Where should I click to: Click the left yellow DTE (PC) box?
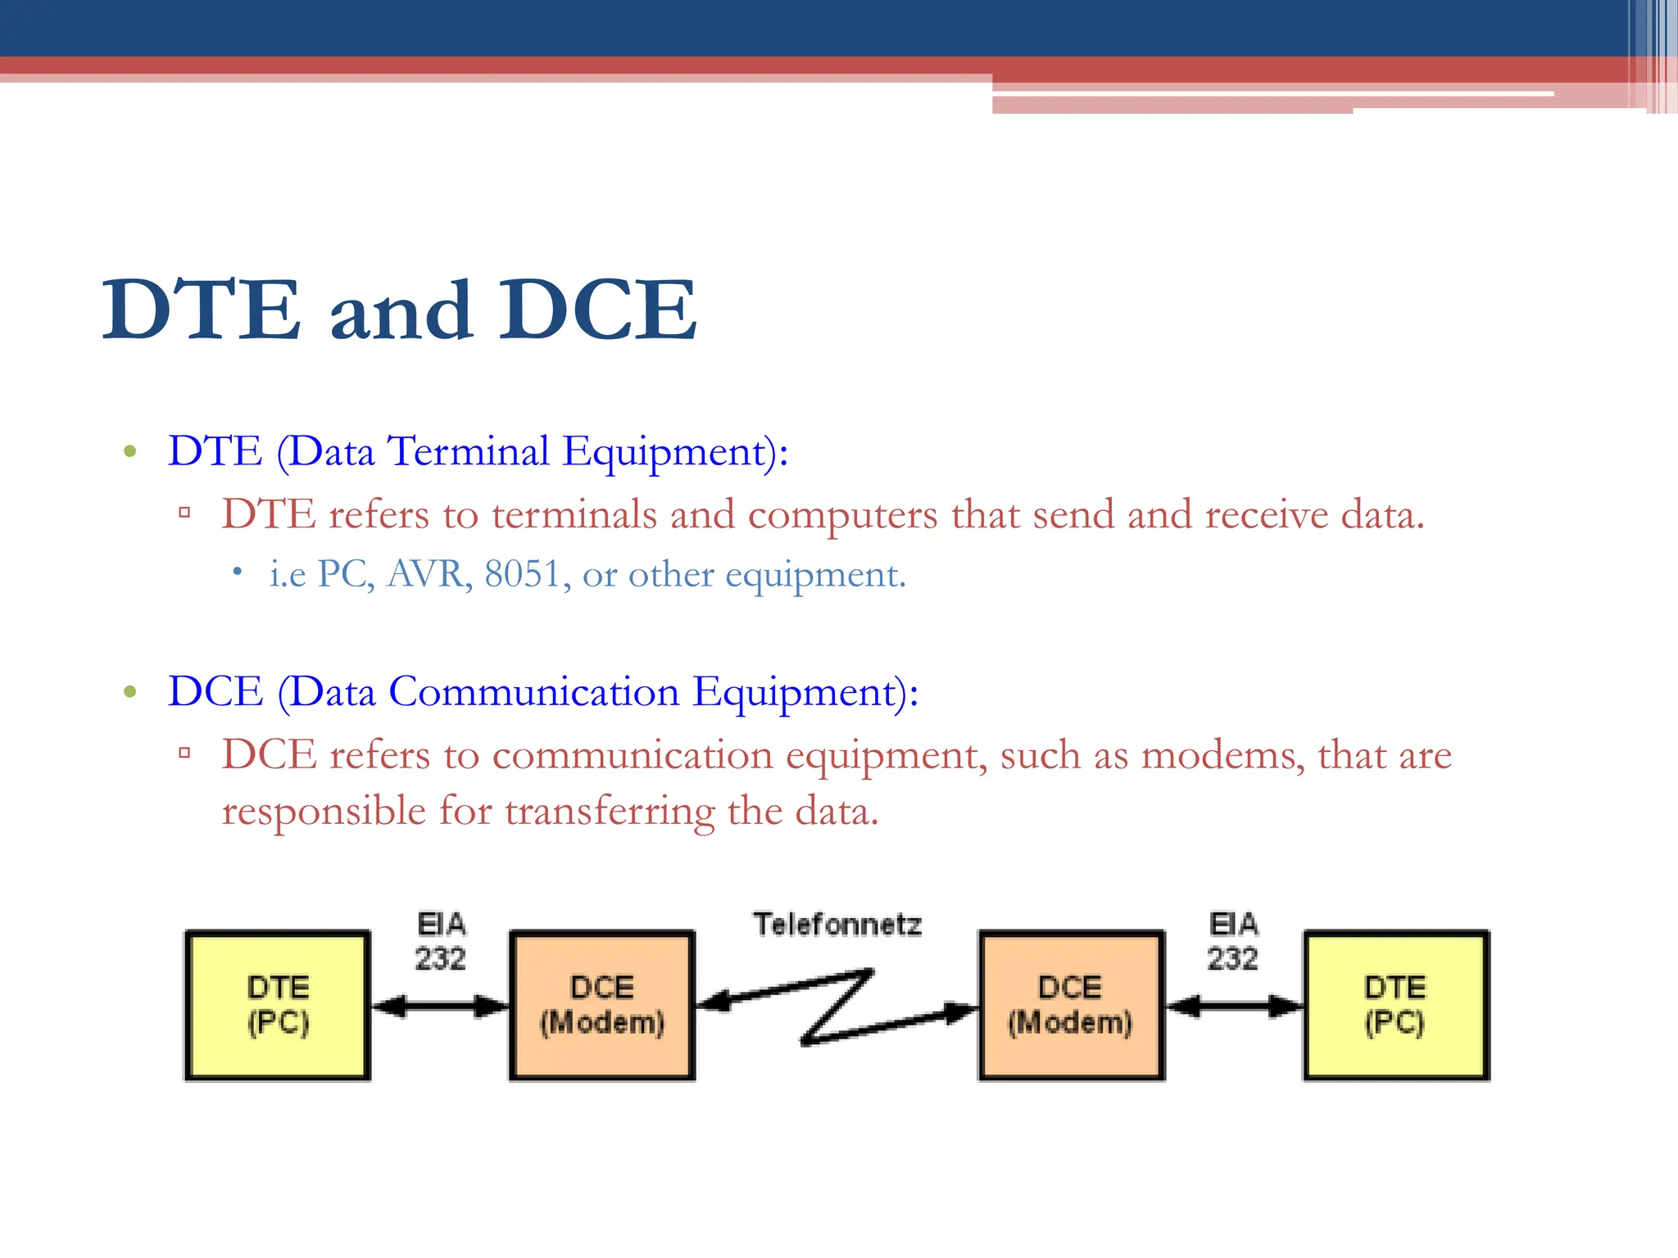(x=277, y=1005)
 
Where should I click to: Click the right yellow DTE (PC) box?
(x=1395, y=1005)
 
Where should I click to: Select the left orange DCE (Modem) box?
(x=602, y=1005)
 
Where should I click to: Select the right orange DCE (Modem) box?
(x=1071, y=1005)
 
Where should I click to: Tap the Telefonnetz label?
(x=837, y=925)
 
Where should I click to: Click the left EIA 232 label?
(x=441, y=941)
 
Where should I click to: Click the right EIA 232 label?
(x=1233, y=941)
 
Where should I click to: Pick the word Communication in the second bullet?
(x=533, y=692)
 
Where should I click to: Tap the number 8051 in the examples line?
(x=523, y=574)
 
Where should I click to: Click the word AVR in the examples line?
(x=429, y=574)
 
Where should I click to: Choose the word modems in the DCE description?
(x=1222, y=755)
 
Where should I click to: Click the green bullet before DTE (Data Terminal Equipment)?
(x=129, y=451)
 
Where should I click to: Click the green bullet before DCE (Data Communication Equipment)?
(x=129, y=692)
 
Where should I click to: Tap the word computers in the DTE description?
(x=842, y=515)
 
